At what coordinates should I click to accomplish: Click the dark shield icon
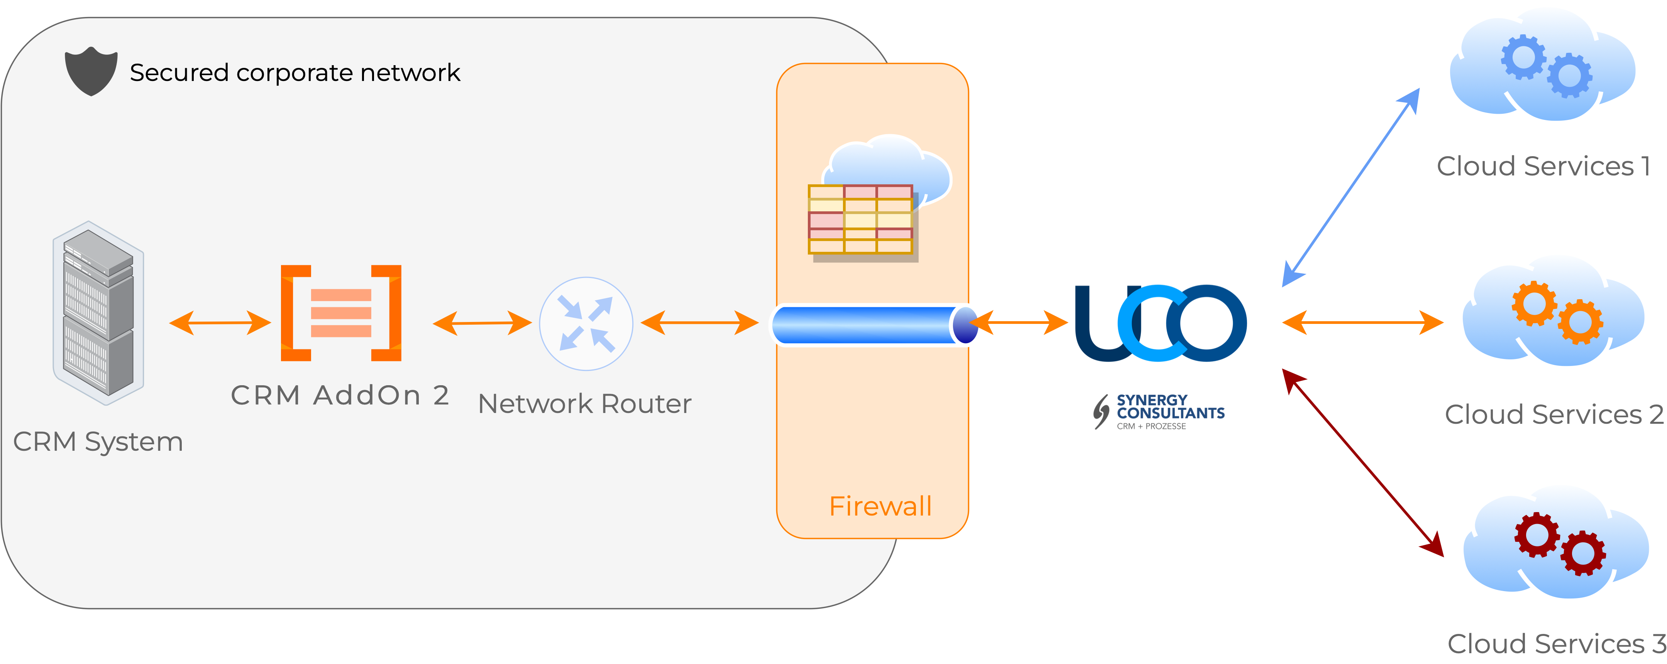[91, 71]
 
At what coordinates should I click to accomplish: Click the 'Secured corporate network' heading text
[295, 72]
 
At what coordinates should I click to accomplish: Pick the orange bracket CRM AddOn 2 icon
[341, 313]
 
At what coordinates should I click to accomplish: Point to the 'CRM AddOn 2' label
[340, 395]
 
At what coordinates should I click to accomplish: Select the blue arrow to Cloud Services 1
[1351, 187]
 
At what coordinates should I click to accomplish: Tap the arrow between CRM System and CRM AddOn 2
[220, 323]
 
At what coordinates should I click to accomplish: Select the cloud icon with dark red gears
[1556, 543]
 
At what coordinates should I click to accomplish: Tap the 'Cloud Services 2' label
[1554, 415]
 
